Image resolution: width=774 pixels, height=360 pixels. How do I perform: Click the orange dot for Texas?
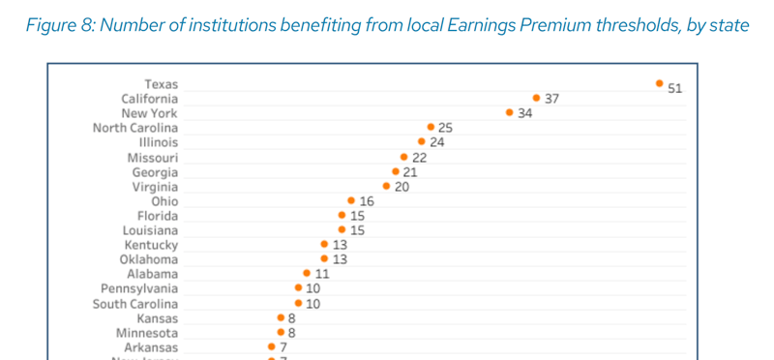[x=659, y=84]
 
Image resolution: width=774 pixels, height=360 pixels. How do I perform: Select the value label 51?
[x=675, y=88]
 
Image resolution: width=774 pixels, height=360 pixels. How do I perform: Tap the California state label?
[x=150, y=99]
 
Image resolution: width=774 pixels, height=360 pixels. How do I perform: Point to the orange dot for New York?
[x=510, y=113]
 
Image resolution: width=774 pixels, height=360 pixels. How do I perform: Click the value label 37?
[x=552, y=99]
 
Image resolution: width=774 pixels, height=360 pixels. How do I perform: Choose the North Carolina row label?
[x=135, y=128]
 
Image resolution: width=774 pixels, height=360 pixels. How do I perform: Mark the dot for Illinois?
[x=422, y=142]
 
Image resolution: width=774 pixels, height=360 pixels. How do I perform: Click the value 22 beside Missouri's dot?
[x=420, y=158]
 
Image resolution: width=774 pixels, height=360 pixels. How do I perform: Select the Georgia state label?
[x=155, y=172]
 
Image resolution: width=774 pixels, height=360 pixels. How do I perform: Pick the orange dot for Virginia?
[x=387, y=186]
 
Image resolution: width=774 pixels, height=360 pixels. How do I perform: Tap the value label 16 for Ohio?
[x=367, y=201]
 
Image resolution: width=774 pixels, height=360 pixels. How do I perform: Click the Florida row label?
[x=158, y=216]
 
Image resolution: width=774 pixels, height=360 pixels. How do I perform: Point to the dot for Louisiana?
[x=342, y=230]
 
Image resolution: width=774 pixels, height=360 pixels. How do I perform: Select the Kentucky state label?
[x=153, y=246]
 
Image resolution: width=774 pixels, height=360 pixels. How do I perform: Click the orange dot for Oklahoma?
[x=324, y=259]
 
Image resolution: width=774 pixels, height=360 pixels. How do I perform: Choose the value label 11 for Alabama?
[x=322, y=275]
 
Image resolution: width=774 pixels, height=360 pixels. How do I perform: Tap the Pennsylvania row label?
[x=139, y=288]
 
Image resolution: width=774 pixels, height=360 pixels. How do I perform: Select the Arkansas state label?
[x=151, y=347]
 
